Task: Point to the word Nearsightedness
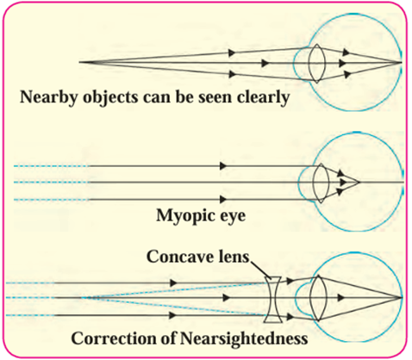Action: click(x=244, y=338)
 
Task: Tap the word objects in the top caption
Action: click(x=110, y=98)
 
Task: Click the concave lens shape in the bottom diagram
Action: click(x=274, y=300)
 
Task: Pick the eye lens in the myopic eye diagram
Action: click(x=321, y=183)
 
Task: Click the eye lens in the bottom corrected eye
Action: click(x=318, y=298)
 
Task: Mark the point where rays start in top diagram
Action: click(x=79, y=62)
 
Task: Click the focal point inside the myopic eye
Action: click(x=359, y=182)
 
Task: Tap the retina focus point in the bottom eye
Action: click(x=402, y=298)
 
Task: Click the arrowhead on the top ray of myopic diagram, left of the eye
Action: click(x=223, y=166)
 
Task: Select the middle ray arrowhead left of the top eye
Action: click(x=265, y=63)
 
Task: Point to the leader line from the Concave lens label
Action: click(x=260, y=270)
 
